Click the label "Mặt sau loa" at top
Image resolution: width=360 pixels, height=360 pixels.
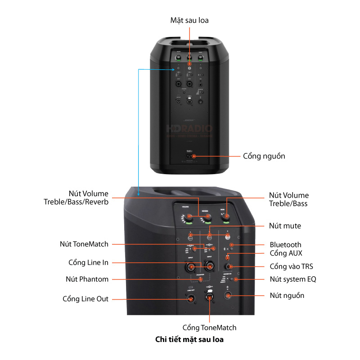(189, 20)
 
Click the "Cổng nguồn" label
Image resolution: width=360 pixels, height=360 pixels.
(264, 156)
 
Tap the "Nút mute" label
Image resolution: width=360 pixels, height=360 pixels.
(285, 225)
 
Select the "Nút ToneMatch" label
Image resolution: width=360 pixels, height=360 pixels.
(84, 244)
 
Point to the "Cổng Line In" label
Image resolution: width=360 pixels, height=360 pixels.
(88, 262)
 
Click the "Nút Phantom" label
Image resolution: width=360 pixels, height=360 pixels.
(87, 279)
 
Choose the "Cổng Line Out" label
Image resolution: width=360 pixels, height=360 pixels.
(85, 299)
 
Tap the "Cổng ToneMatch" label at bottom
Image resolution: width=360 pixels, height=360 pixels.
(209, 328)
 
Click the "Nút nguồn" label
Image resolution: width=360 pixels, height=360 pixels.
(287, 296)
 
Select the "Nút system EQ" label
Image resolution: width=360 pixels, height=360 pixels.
(292, 279)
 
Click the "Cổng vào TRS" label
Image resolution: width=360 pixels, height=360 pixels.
(291, 266)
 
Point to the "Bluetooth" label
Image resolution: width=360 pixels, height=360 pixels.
(285, 245)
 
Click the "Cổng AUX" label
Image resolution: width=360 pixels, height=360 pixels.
(285, 254)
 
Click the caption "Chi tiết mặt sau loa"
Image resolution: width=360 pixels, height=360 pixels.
(189, 340)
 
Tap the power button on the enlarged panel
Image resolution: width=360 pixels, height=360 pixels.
(228, 296)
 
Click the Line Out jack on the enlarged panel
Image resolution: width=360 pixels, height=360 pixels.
(191, 299)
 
